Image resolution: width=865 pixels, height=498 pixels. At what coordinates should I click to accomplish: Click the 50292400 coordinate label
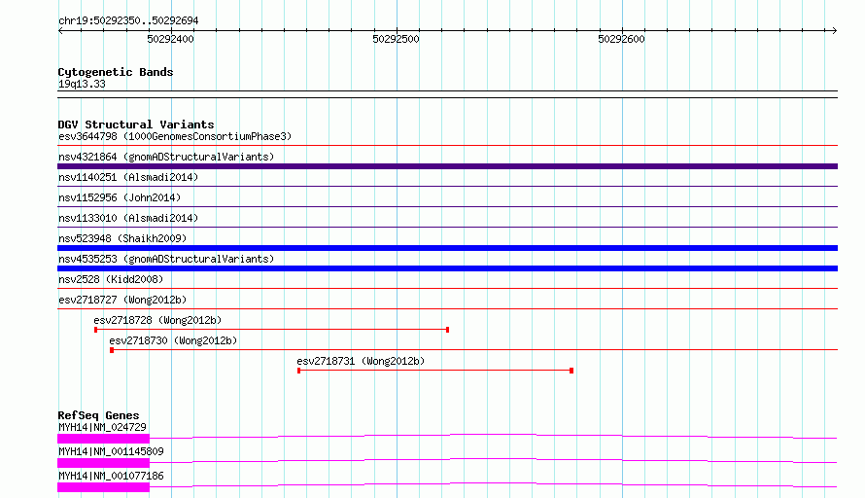click(x=170, y=39)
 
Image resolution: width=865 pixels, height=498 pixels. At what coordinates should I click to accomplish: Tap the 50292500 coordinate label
click(x=397, y=39)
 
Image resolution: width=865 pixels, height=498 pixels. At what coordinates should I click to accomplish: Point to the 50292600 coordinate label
click(x=622, y=39)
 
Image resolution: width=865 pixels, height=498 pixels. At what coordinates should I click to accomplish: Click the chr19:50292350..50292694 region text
click(x=128, y=21)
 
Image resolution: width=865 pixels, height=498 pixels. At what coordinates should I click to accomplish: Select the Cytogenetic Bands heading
click(x=116, y=72)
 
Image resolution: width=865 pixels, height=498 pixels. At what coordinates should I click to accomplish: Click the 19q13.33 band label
click(x=82, y=84)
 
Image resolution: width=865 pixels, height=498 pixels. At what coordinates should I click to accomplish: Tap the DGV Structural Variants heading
click(x=136, y=124)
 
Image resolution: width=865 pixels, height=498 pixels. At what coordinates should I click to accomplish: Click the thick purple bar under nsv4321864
click(x=447, y=166)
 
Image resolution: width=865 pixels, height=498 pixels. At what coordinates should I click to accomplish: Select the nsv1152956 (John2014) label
click(x=120, y=197)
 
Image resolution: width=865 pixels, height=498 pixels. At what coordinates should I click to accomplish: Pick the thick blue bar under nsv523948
click(x=447, y=248)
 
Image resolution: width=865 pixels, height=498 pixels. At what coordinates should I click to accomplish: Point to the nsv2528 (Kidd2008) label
click(x=111, y=279)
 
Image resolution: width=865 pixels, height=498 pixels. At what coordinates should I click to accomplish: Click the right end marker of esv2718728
click(x=447, y=330)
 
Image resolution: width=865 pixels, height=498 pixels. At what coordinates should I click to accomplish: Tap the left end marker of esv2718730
click(x=112, y=350)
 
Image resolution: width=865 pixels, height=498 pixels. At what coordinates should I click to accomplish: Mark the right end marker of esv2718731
click(x=571, y=371)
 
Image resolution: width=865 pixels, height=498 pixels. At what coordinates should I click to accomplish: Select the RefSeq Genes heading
click(x=98, y=415)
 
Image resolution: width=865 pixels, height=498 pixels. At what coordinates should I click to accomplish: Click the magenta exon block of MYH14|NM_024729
click(x=104, y=439)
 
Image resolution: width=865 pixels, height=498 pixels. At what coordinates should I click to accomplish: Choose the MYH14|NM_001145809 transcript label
click(x=111, y=451)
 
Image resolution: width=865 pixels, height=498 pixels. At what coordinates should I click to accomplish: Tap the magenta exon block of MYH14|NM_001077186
click(x=104, y=487)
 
